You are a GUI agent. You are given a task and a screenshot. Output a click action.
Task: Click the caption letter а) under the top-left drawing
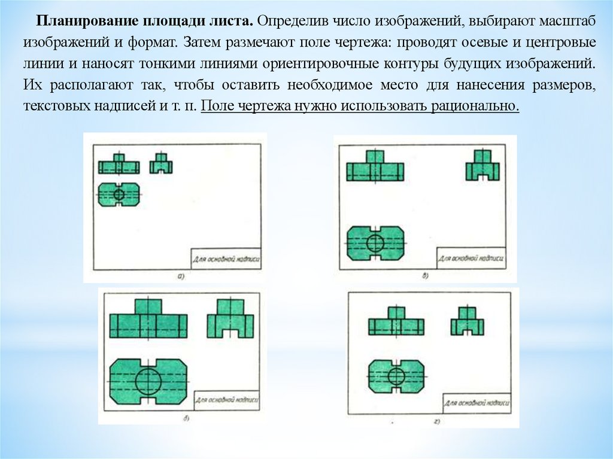tap(181, 276)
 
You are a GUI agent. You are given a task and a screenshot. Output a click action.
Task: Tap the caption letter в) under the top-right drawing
tap(425, 276)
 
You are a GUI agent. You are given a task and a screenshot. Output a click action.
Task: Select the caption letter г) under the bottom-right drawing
tap(436, 423)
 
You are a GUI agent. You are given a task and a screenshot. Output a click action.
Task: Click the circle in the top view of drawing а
tap(119, 194)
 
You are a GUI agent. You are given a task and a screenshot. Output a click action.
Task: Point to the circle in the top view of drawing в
tap(375, 242)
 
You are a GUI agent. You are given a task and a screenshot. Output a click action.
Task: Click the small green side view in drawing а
tap(160, 164)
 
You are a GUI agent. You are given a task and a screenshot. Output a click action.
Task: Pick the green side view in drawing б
tap(230, 320)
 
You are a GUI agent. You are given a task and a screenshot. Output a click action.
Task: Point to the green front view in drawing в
tap(375, 167)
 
